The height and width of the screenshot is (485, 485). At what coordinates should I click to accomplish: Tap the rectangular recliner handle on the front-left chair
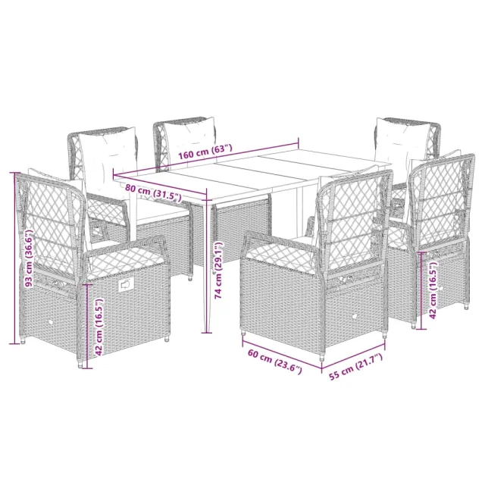[126, 286]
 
